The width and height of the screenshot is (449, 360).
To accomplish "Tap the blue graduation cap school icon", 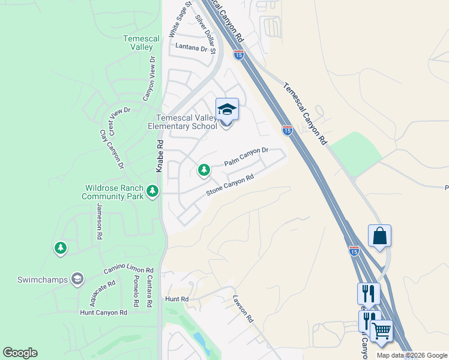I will (227, 110).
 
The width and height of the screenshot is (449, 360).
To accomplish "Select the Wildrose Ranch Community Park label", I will (113, 192).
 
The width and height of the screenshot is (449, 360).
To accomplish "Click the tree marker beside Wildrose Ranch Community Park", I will (153, 191).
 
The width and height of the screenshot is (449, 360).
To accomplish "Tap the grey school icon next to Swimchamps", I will (77, 278).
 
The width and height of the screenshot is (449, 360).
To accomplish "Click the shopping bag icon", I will (380, 236).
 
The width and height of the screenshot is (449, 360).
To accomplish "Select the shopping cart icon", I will (381, 331).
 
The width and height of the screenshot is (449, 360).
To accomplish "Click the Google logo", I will (20, 353).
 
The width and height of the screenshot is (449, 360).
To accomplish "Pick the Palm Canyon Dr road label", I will (245, 158).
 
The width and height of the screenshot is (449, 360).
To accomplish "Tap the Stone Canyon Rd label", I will (230, 185).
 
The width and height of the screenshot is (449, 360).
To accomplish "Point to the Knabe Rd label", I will (160, 157).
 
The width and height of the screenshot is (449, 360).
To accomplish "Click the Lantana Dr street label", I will (191, 46).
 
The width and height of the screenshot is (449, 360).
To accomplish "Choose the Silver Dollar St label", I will (205, 28).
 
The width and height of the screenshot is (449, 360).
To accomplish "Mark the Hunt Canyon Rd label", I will (104, 313).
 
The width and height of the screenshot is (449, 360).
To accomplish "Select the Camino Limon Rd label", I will (128, 271).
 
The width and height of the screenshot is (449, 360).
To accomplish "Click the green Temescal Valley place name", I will (142, 43).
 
